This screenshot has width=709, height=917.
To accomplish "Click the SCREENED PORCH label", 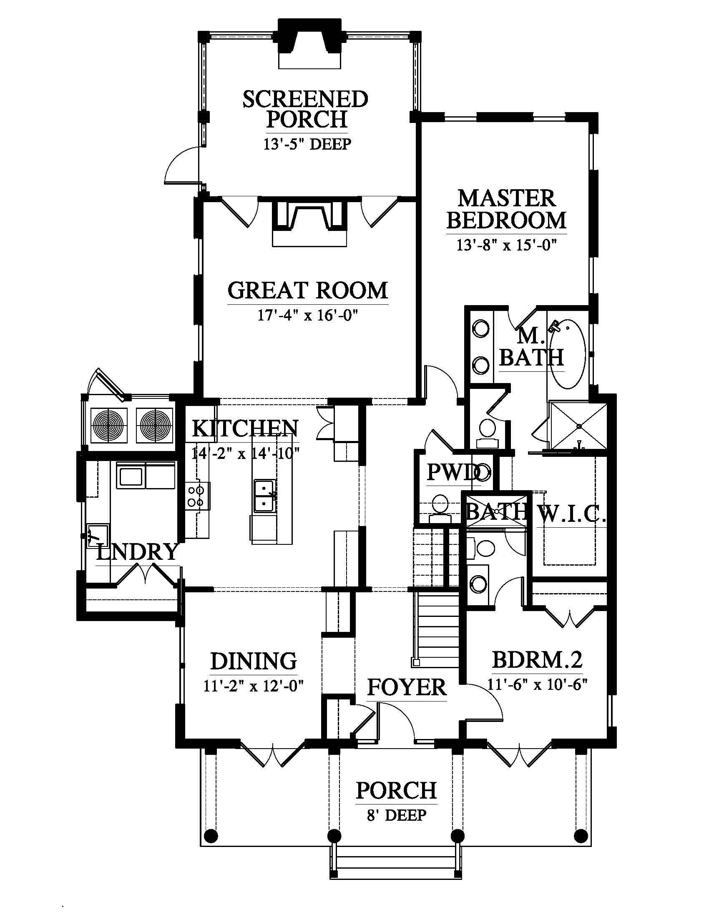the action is pyautogui.click(x=305, y=110).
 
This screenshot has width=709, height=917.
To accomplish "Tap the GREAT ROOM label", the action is pyautogui.click(x=308, y=290).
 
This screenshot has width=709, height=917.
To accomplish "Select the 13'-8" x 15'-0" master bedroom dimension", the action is pyautogui.click(x=507, y=245).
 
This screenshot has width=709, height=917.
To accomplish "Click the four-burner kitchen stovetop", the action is pyautogui.click(x=196, y=496).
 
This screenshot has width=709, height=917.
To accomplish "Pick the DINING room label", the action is pyautogui.click(x=253, y=661).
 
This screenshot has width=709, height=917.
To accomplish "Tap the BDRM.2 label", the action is pyautogui.click(x=537, y=659).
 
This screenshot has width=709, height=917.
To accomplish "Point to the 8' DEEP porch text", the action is pyautogui.click(x=397, y=815).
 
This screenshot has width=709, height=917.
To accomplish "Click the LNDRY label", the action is pyautogui.click(x=137, y=552).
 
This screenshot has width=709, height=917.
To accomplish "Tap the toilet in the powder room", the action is pyautogui.click(x=440, y=509).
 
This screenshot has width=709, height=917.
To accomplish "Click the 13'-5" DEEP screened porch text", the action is pyautogui.click(x=307, y=144).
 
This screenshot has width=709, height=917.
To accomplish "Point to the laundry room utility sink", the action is pyautogui.click(x=98, y=536).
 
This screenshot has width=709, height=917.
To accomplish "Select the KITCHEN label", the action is pyautogui.click(x=245, y=428).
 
